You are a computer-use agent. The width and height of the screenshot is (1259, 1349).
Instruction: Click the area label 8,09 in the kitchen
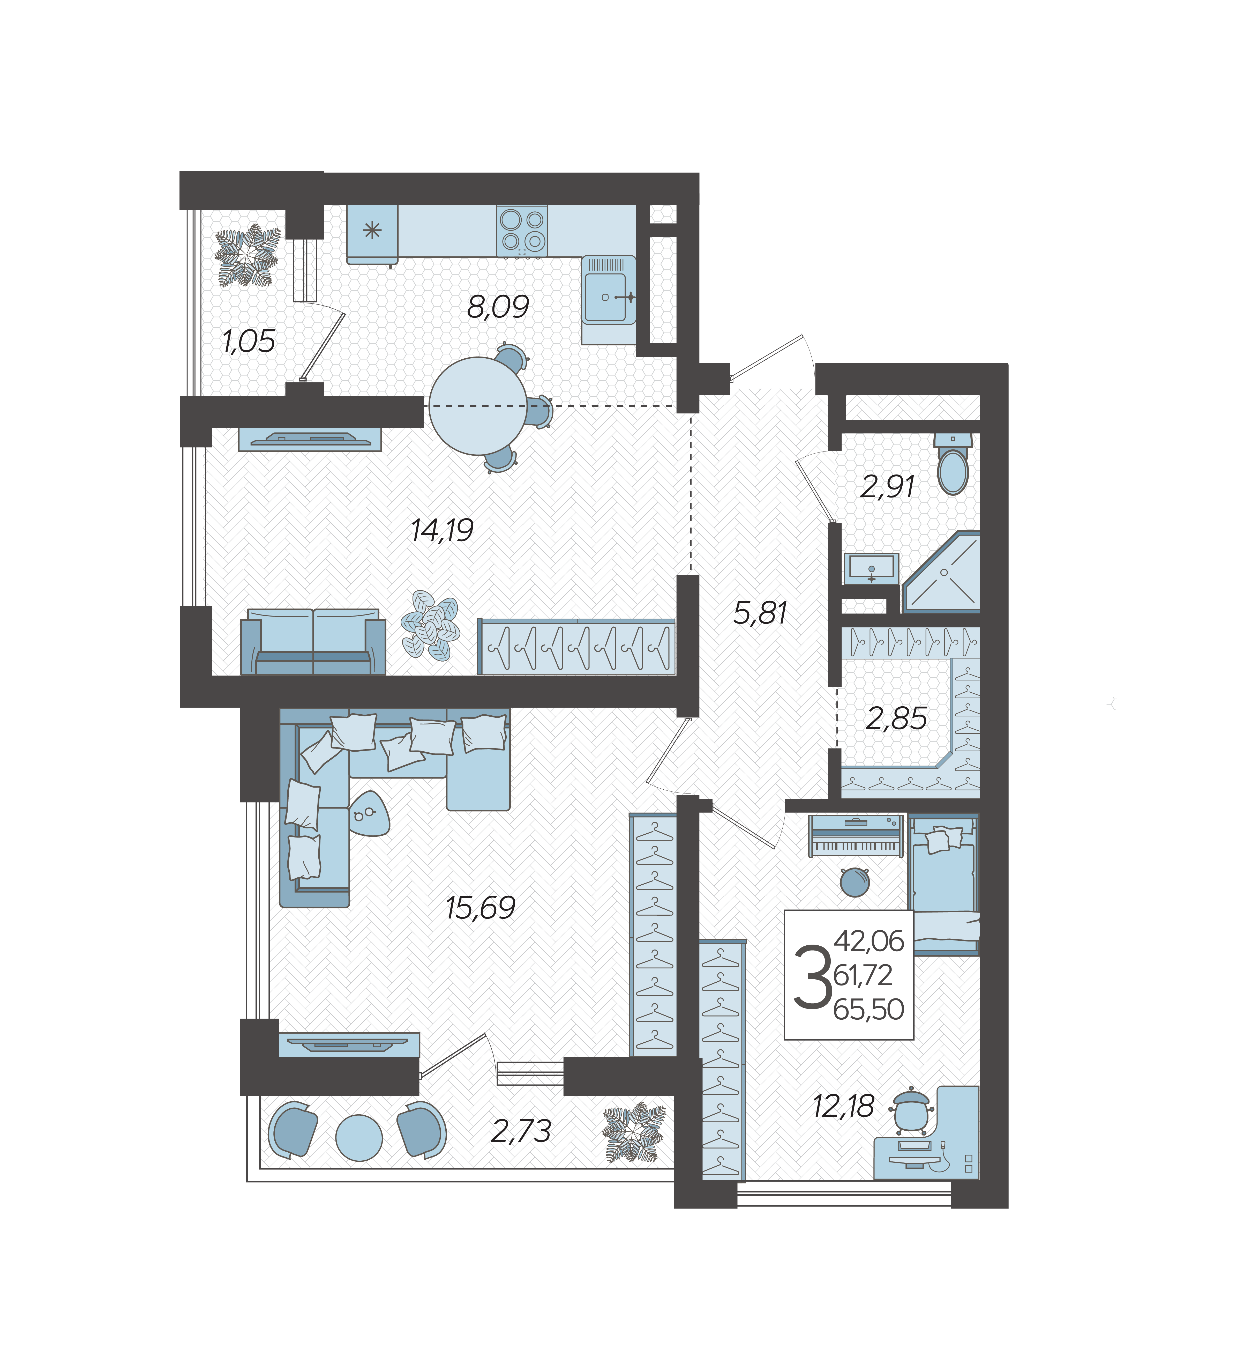pyautogui.click(x=498, y=307)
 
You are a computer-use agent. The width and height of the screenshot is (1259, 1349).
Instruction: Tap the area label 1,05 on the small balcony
pyautogui.click(x=249, y=341)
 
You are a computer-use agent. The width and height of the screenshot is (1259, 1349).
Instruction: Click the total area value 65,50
pyautogui.click(x=869, y=1010)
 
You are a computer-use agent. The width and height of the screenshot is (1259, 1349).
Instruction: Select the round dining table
pyautogui.click(x=478, y=406)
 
